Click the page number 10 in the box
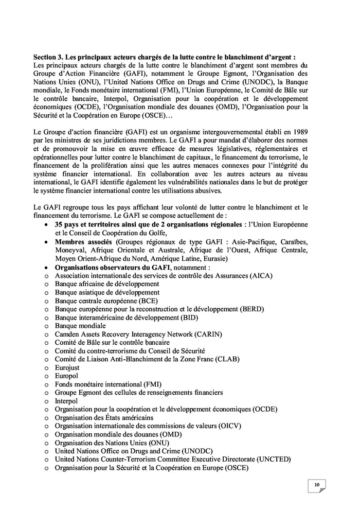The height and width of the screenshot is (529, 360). click(317, 484)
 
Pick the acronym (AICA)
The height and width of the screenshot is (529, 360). click(261, 275)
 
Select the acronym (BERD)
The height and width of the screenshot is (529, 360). click(251, 309)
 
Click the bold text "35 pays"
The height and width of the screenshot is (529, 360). click(69, 225)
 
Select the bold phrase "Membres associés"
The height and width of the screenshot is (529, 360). click(84, 242)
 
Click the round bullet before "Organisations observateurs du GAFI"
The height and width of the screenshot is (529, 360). click(46, 268)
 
